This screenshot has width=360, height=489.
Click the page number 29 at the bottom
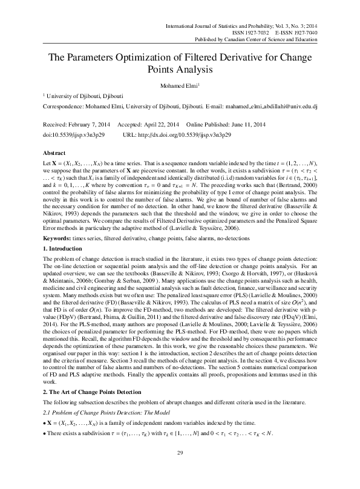coord(180,470)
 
